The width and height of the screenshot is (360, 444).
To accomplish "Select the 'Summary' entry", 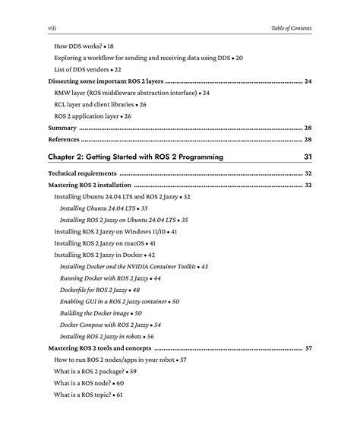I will point(62,128).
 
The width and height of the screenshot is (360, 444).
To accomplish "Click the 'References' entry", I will point(64,140).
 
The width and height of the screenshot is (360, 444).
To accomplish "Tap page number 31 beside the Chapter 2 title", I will point(307,157).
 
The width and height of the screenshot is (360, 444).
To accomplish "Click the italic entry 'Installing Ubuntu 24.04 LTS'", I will point(99,208).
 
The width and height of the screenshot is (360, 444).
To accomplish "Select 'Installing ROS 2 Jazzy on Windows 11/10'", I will point(110,231).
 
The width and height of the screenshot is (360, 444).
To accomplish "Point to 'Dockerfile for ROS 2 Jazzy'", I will point(95,290).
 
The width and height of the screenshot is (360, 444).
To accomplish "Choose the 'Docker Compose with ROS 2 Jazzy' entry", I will point(106,325).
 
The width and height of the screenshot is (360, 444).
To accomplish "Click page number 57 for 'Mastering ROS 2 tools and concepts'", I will point(308,348).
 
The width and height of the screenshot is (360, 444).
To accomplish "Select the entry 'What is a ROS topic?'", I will point(84,395).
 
